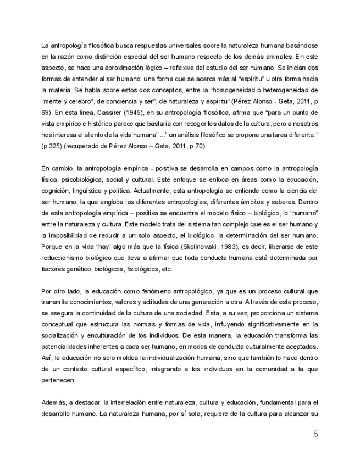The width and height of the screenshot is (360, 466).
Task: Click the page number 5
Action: [315, 435]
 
